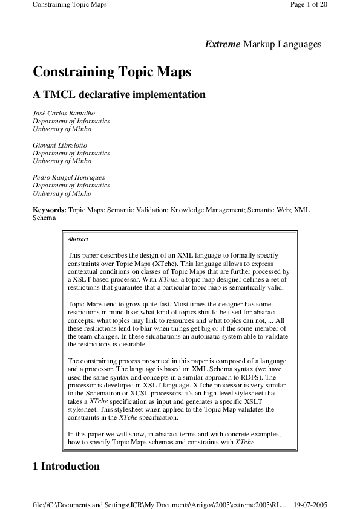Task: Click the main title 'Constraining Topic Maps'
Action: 112,72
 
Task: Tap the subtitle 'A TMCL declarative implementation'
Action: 119,95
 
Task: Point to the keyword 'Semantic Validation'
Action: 143,210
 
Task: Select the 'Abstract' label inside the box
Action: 78,239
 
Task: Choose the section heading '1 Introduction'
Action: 66,467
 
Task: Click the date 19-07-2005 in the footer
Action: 310,504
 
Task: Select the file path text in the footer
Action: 159,504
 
